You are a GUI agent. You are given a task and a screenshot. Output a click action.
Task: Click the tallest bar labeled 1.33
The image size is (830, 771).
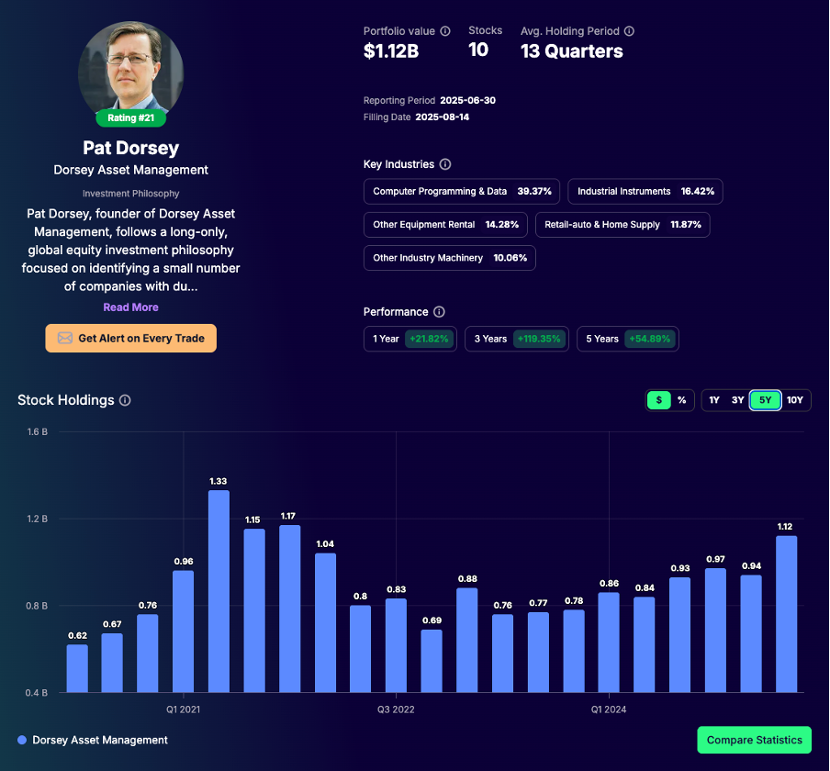coord(219,591)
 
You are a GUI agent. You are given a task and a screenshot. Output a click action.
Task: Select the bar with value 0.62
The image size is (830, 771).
coord(77,668)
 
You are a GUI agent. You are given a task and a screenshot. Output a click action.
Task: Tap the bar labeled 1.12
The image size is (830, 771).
coord(786,614)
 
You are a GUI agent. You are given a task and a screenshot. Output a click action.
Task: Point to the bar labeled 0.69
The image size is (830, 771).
coord(432,661)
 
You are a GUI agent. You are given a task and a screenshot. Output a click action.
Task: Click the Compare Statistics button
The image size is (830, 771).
coord(754,740)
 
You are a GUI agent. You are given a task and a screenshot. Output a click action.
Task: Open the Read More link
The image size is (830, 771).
coord(130,307)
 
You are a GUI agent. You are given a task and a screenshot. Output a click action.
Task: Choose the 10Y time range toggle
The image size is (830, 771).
coord(795,400)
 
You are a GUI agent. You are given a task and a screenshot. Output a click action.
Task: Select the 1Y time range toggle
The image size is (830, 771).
coord(714,400)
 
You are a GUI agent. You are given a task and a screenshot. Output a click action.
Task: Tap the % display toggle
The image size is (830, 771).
coord(682,400)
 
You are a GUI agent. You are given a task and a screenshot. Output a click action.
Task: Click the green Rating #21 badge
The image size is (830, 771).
coord(131,117)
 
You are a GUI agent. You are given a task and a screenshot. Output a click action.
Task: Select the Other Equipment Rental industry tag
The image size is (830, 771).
coord(445,225)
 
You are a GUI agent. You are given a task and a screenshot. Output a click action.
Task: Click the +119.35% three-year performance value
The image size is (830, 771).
coord(540,339)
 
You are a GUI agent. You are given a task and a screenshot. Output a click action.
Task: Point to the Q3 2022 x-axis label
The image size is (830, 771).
coord(396,710)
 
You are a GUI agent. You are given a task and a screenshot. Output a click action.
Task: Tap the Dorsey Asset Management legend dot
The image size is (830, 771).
coord(21,740)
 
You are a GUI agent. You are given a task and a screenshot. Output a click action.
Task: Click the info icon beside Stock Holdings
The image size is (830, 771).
coord(125,400)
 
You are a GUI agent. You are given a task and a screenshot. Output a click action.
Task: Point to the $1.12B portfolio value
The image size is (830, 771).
coord(391,51)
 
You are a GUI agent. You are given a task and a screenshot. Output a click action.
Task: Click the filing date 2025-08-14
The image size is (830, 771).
coord(443,117)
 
